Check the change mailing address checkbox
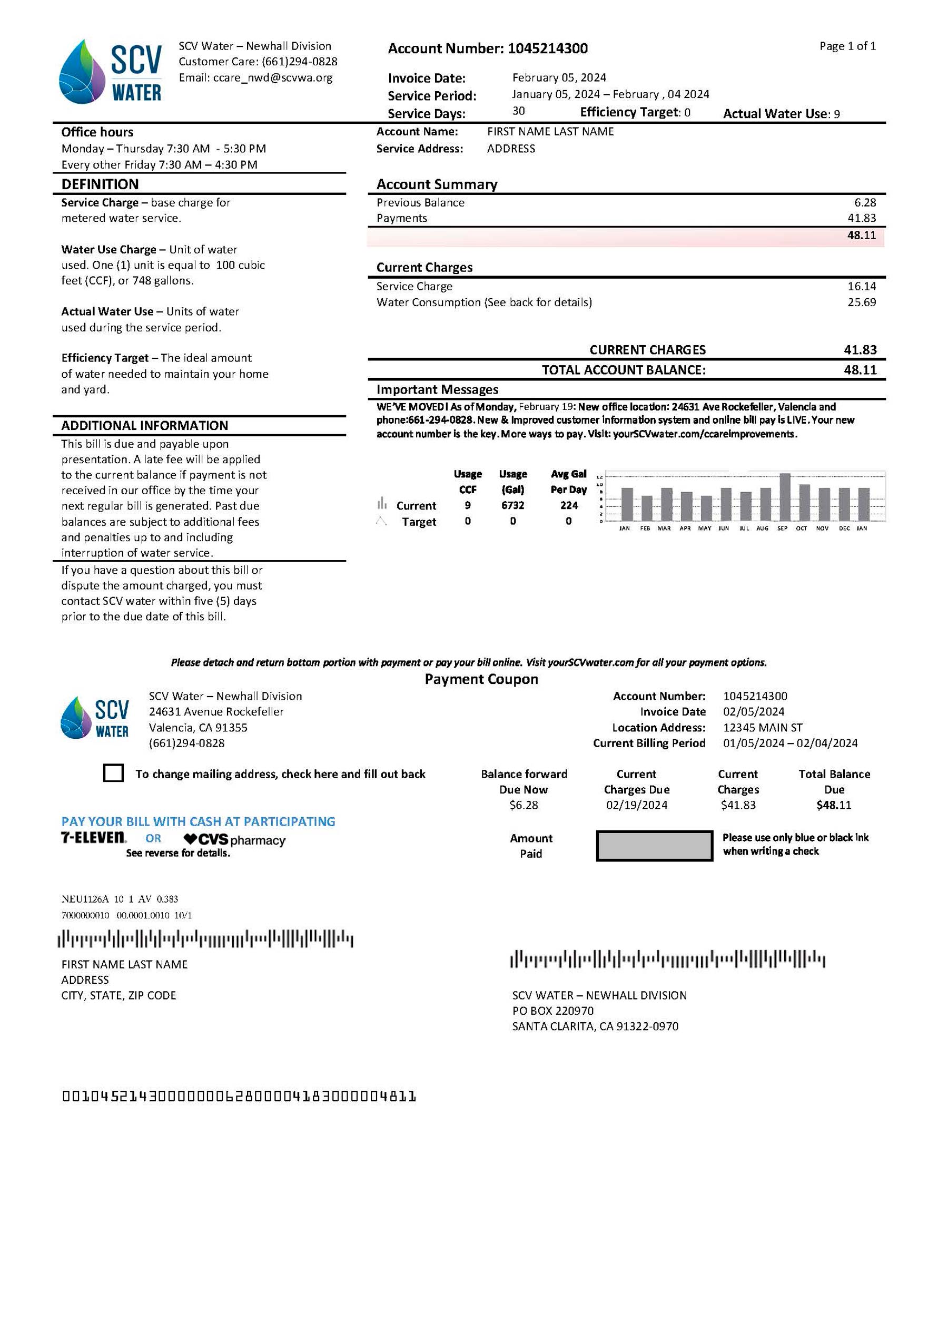[x=113, y=772]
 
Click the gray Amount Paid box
[x=654, y=845]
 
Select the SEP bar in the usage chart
[x=785, y=496]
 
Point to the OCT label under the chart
[x=802, y=528]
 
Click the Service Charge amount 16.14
[x=861, y=286]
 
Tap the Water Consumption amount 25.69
[x=861, y=302]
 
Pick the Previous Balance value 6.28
[x=865, y=202]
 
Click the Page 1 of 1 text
[x=847, y=46]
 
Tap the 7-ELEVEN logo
[x=93, y=838]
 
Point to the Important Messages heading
[x=437, y=389]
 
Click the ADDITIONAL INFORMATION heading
[x=144, y=425]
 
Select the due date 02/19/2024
[x=636, y=805]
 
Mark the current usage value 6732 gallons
[x=512, y=505]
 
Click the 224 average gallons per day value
[x=569, y=505]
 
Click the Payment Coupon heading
[x=481, y=679]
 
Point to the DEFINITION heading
[x=100, y=184]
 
